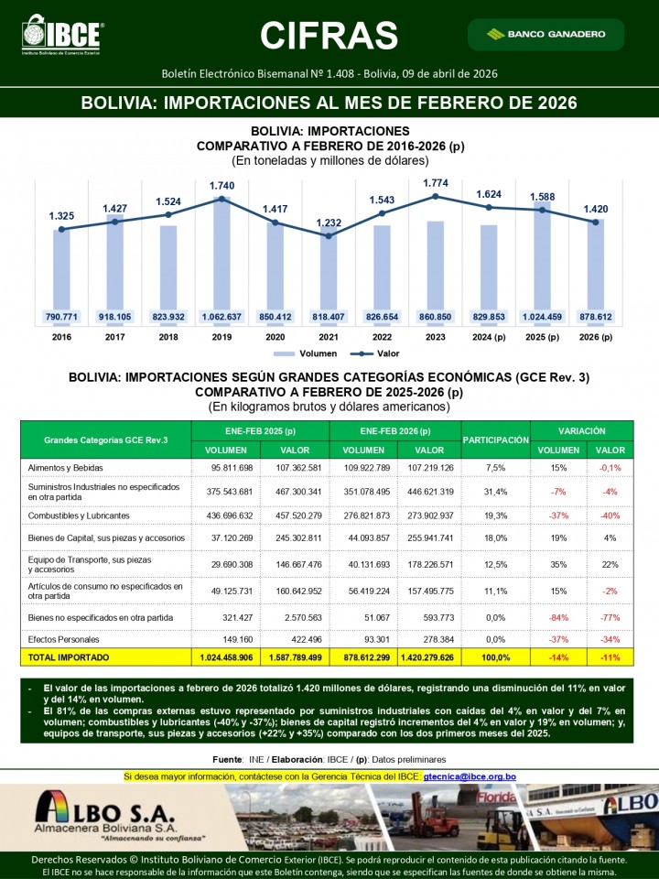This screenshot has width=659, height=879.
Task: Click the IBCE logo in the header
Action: click(62, 35)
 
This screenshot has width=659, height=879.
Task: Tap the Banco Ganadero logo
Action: click(546, 34)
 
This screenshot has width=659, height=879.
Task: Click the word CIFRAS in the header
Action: click(329, 35)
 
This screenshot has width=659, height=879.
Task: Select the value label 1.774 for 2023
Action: click(436, 183)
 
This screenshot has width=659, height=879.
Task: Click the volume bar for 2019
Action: click(222, 256)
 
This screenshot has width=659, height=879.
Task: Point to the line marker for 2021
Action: click(329, 235)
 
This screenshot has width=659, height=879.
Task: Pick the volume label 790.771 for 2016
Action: click(61, 317)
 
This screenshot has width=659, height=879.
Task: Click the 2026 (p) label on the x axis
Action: click(596, 337)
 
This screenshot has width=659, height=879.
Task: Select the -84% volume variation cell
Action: click(558, 618)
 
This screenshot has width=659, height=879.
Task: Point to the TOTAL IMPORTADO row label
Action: click(69, 657)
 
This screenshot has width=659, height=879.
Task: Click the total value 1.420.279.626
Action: click(429, 657)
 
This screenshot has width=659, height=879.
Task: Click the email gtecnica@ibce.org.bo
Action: click(470, 776)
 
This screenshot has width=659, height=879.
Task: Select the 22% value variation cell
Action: click(610, 564)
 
